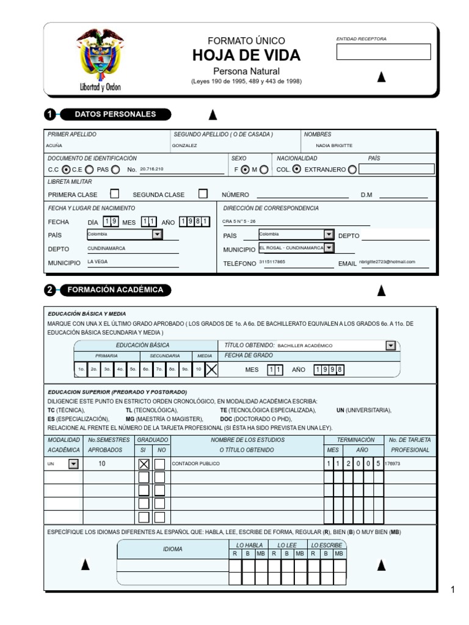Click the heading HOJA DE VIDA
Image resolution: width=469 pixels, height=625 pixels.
tap(246, 56)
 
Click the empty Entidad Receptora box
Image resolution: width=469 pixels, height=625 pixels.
tap(384, 52)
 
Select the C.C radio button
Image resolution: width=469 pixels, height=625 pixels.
tap(66, 170)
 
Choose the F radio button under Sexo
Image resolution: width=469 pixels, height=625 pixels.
tap(245, 170)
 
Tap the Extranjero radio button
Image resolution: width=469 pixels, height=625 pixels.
tap(352, 170)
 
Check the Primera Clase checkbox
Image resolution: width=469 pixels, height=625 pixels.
tap(114, 194)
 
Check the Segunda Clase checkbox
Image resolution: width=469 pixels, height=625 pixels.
tap(203, 194)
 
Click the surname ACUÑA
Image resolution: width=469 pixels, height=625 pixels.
tap(54, 146)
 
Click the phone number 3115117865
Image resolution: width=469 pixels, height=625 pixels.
tap(272, 262)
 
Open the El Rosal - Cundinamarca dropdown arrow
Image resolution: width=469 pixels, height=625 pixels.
tap(329, 248)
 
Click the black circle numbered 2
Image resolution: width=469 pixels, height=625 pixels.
tap(50, 291)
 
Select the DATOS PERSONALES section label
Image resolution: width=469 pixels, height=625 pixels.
tap(115, 114)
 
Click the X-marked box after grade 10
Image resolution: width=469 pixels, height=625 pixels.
tap(211, 369)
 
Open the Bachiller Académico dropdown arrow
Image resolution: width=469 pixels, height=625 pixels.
tap(391, 345)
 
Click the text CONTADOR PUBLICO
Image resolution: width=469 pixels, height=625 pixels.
tap(195, 464)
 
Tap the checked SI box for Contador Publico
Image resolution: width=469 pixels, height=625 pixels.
tap(144, 464)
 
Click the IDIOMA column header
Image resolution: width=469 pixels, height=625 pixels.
tap(173, 549)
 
